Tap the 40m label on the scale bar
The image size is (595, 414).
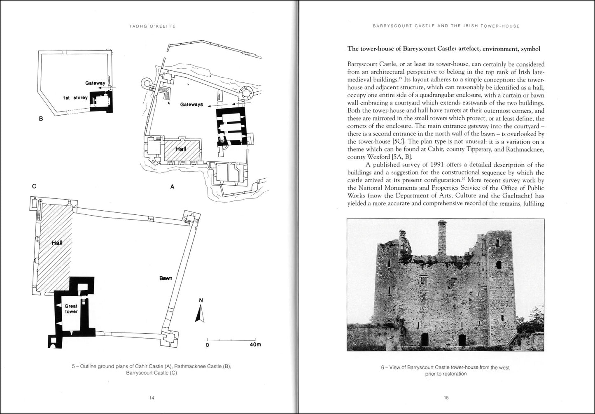[x=255, y=344]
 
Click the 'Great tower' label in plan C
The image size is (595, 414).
[x=71, y=309]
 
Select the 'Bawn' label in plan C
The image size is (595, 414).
[x=166, y=278]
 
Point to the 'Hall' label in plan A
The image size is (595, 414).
[x=181, y=149]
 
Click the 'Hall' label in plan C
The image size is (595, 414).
[x=57, y=243]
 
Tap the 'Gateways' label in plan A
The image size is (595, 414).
[x=191, y=105]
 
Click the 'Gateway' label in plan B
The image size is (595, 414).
[x=95, y=83]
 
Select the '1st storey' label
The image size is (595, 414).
[x=75, y=98]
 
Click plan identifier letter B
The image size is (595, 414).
[x=41, y=119]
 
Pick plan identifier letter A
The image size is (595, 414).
[x=172, y=186]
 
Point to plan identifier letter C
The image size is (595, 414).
[x=34, y=186]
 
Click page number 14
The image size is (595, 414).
[x=152, y=398]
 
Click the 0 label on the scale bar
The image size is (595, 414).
[x=208, y=344]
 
